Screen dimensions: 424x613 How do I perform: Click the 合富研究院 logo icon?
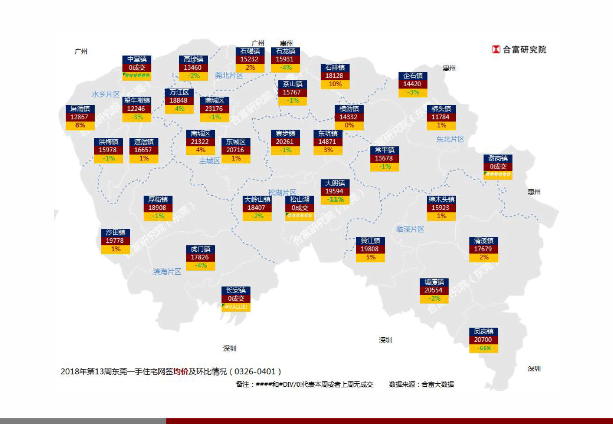coord(496,49)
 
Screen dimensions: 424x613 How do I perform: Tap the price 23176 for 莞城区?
coord(214,109)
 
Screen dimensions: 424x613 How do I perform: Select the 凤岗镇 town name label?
coord(484,332)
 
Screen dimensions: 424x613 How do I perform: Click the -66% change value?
coord(484,348)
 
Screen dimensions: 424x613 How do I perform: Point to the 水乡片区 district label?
coord(106,94)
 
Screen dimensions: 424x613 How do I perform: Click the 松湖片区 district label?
coord(282,193)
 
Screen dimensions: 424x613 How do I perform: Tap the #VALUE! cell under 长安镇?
coord(236,307)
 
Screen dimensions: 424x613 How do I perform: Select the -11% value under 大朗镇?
coord(335,200)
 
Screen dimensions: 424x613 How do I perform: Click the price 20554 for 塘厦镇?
coord(433,290)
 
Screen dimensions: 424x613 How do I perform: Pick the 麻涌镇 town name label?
coord(80,109)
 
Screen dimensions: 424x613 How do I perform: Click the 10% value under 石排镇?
coord(335,84)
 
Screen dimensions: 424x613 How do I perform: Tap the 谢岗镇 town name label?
coord(498,158)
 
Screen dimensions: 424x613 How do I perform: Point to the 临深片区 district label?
coord(410,229)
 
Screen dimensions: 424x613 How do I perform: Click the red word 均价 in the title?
coord(180,372)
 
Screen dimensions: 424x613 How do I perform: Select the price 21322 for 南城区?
coord(200,142)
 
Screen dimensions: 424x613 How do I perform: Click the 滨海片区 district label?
coord(167,272)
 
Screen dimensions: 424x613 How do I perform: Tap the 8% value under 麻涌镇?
coord(80,125)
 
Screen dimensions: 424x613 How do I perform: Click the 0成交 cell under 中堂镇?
coord(137,67)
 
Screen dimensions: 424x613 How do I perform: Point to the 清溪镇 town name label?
coord(484,241)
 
